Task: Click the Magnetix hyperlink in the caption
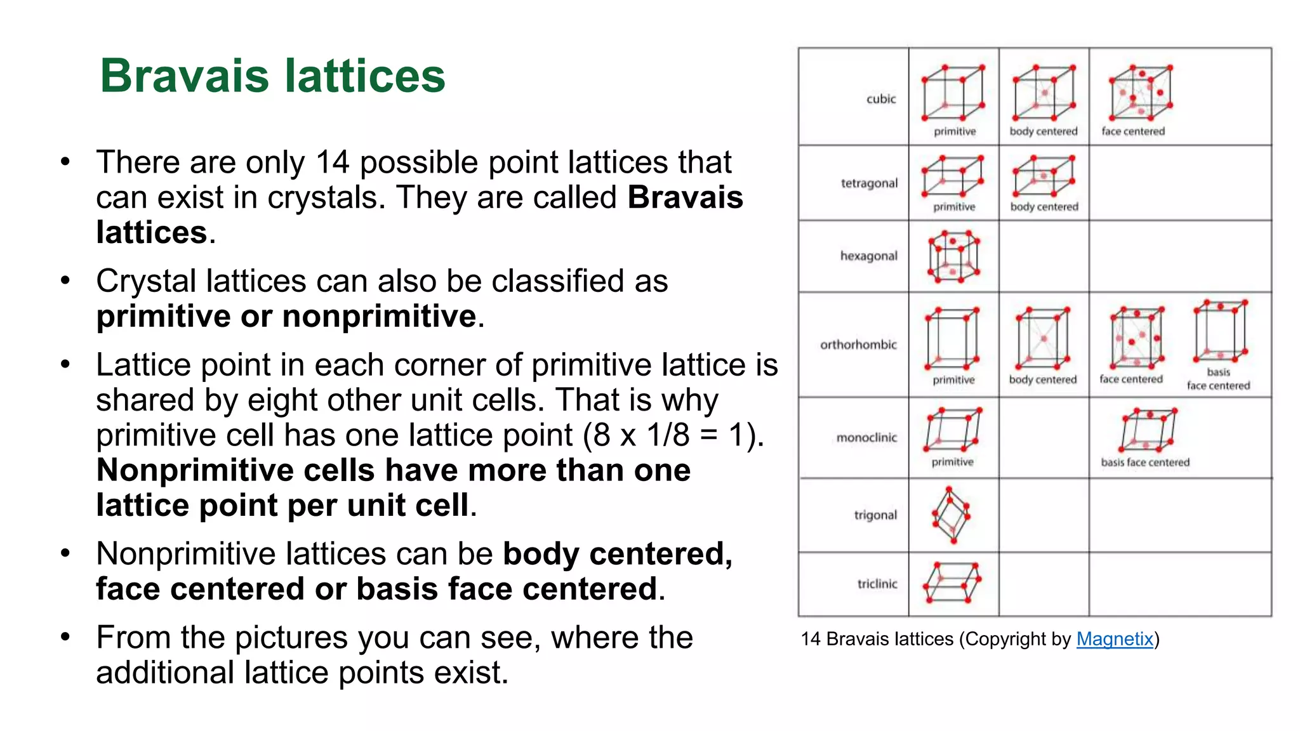click(1115, 639)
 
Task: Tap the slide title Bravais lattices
click(272, 76)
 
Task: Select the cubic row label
click(881, 99)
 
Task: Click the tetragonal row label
click(869, 183)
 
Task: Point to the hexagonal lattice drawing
click(953, 256)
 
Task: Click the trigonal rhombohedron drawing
click(951, 515)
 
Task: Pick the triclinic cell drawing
click(952, 583)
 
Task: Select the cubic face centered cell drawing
click(1141, 93)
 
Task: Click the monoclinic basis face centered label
click(1145, 463)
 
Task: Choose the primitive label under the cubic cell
click(955, 131)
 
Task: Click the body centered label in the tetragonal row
click(1044, 207)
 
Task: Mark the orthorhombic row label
click(858, 345)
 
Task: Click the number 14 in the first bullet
click(333, 162)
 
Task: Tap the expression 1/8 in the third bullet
click(668, 435)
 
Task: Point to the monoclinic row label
click(866, 438)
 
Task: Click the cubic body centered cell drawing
click(1044, 93)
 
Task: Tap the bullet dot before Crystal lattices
click(65, 280)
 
